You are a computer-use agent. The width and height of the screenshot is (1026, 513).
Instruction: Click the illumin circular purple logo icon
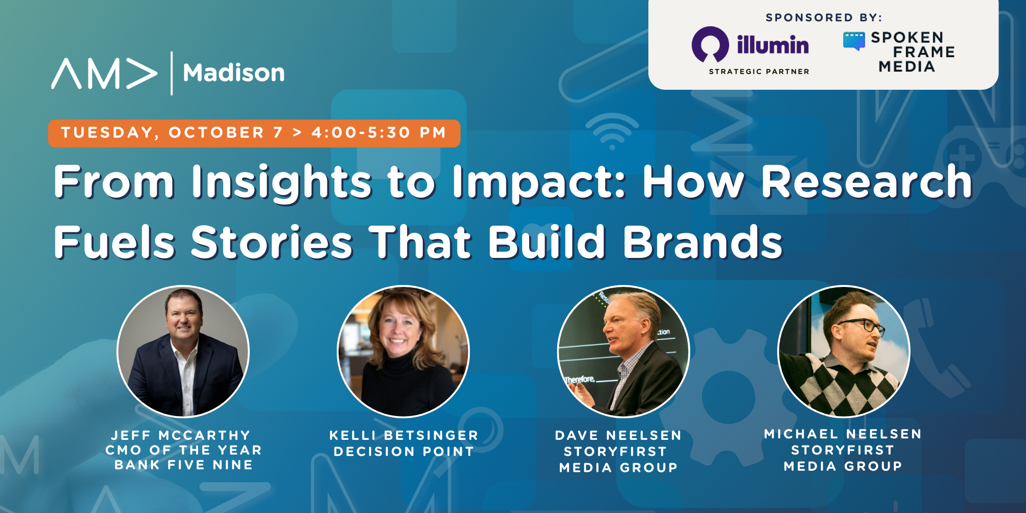click(x=710, y=45)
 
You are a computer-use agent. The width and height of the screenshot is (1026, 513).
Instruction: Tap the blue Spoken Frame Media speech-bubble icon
click(x=854, y=41)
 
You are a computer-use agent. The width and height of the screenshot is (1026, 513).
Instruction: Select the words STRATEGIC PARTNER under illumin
click(x=759, y=72)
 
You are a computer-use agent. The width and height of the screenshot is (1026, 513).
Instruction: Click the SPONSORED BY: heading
click(x=823, y=18)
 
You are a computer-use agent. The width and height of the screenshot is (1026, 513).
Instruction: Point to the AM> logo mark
click(x=104, y=73)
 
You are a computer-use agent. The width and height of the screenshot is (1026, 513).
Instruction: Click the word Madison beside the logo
click(x=234, y=73)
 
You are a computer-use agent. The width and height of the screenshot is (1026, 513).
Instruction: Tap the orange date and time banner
click(x=254, y=133)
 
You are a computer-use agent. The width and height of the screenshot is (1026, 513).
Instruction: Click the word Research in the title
click(x=866, y=181)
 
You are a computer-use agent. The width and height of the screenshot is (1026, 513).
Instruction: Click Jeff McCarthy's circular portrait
click(x=183, y=351)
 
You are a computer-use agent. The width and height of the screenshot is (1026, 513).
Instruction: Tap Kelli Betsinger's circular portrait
click(x=403, y=351)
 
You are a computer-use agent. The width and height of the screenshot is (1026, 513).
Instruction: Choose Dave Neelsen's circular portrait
click(x=623, y=351)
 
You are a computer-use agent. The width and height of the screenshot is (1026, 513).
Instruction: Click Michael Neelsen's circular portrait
click(x=844, y=351)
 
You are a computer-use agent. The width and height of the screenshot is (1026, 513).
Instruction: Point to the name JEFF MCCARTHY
click(x=180, y=435)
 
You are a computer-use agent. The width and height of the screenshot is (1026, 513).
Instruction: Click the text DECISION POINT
click(x=404, y=451)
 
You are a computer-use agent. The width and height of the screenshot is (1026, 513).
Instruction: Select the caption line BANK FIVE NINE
click(x=183, y=465)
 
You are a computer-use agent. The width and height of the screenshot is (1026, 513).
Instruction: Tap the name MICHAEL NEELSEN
click(x=843, y=434)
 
